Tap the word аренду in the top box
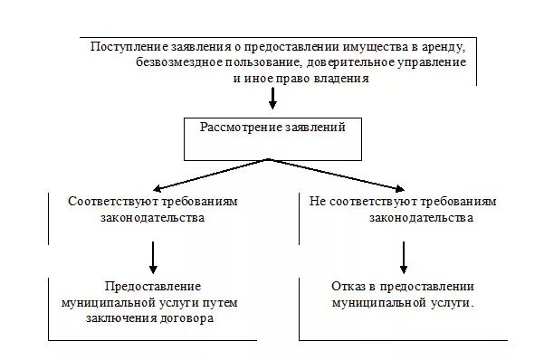(x=444, y=47)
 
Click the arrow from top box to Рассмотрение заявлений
(x=272, y=100)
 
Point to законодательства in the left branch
(x=151, y=218)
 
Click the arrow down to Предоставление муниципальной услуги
(x=154, y=256)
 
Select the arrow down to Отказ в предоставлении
(x=404, y=256)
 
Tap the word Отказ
(x=348, y=286)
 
